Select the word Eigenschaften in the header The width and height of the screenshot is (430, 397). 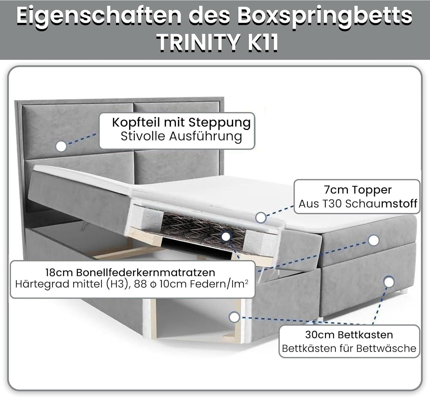point(99,15)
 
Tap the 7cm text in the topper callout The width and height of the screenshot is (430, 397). point(336,190)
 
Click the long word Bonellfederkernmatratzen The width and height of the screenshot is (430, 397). point(146,272)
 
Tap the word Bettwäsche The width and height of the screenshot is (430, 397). point(386,348)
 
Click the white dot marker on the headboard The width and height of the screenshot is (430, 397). point(61,146)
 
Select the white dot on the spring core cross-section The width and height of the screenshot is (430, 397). point(226,237)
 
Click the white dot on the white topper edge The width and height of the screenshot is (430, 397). point(261,218)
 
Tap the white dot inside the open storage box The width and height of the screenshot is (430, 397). point(234,317)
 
